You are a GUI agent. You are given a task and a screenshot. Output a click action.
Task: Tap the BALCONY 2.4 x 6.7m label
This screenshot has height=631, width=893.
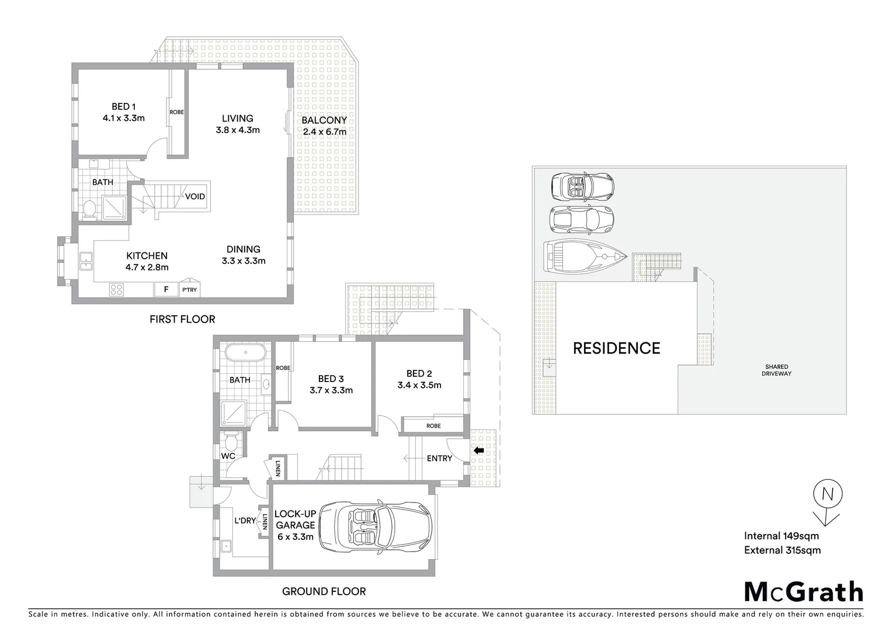click(x=324, y=126)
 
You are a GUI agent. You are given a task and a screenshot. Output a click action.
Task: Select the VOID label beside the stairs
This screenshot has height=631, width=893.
click(x=195, y=196)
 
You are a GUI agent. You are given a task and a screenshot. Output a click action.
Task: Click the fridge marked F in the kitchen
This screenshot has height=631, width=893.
click(x=166, y=289)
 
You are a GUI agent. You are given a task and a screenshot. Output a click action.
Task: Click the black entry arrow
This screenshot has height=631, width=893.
click(x=478, y=450)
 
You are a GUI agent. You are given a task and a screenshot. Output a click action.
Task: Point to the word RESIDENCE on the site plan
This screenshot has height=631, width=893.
click(x=616, y=348)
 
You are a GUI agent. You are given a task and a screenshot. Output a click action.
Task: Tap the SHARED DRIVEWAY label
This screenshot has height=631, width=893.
click(x=776, y=370)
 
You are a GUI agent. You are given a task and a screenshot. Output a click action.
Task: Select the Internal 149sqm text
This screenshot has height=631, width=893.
click(x=781, y=536)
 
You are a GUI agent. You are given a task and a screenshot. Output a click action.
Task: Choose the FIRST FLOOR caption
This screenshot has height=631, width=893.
click(x=182, y=319)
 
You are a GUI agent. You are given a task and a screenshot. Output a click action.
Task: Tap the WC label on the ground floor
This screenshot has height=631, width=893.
click(x=228, y=456)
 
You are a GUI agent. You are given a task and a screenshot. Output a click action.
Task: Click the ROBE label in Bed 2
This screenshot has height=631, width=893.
click(x=433, y=426)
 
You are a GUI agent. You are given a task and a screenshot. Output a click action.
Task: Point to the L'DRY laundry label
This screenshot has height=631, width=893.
click(x=245, y=520)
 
